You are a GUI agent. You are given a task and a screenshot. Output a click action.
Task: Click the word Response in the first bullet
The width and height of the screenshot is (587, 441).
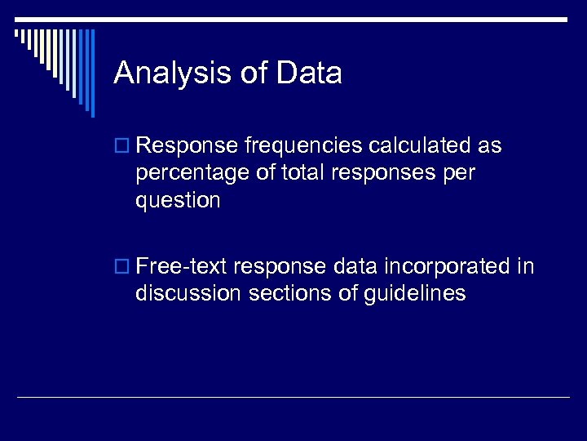point(188,146)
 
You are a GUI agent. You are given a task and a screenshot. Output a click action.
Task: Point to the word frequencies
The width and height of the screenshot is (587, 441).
point(304,146)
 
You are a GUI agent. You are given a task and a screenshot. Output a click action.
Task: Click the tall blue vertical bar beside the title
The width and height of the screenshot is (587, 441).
point(92,73)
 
